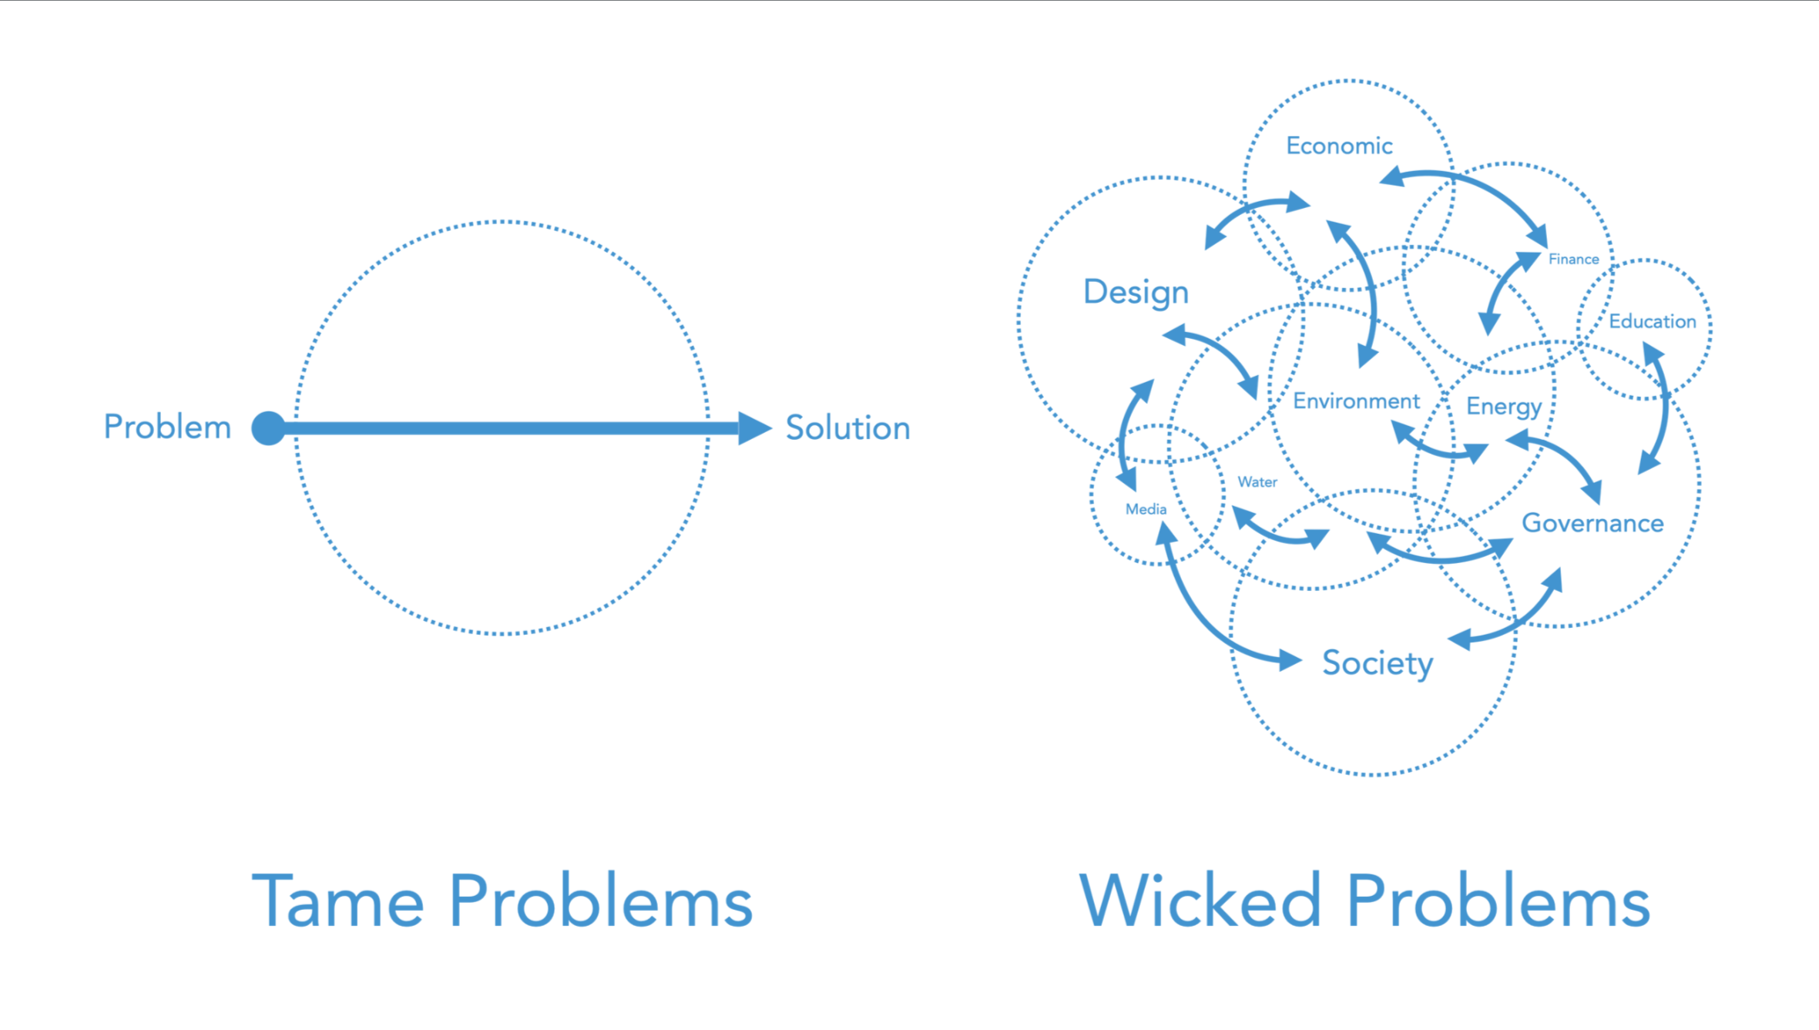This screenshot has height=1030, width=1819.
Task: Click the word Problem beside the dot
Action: [x=167, y=428]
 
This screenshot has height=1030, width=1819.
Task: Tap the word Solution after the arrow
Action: [x=847, y=428]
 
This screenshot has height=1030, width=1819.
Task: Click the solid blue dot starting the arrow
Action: [x=268, y=428]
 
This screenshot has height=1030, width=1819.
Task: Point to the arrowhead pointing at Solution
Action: [x=753, y=428]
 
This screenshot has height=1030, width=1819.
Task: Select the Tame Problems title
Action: [x=502, y=901]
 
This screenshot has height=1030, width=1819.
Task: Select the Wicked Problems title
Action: [x=1364, y=901]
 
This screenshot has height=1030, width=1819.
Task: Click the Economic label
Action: [x=1339, y=146]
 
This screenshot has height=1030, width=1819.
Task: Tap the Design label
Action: [x=1136, y=293]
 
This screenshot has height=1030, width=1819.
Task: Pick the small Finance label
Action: [x=1573, y=260]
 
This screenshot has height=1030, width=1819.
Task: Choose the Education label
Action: [x=1652, y=321]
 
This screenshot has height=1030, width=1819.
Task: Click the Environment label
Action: [x=1356, y=401]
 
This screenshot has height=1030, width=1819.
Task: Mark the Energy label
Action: [x=1503, y=407]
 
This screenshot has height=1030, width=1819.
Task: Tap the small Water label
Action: [x=1257, y=482]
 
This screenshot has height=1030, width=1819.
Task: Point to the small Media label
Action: [x=1146, y=509]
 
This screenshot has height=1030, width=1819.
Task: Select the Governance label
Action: [x=1592, y=524]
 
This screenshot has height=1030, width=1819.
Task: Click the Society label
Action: [x=1377, y=663]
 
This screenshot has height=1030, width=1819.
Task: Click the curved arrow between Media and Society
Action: [x=1202, y=616]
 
